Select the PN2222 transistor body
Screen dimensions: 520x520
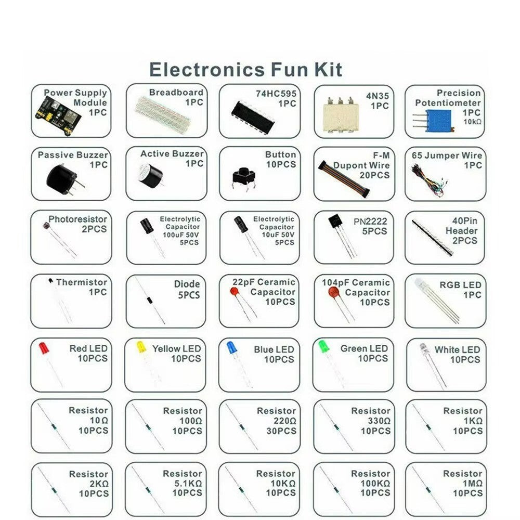336,227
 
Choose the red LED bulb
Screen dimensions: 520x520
44,348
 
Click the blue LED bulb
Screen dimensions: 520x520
232,348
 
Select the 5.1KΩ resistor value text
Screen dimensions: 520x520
187,484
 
